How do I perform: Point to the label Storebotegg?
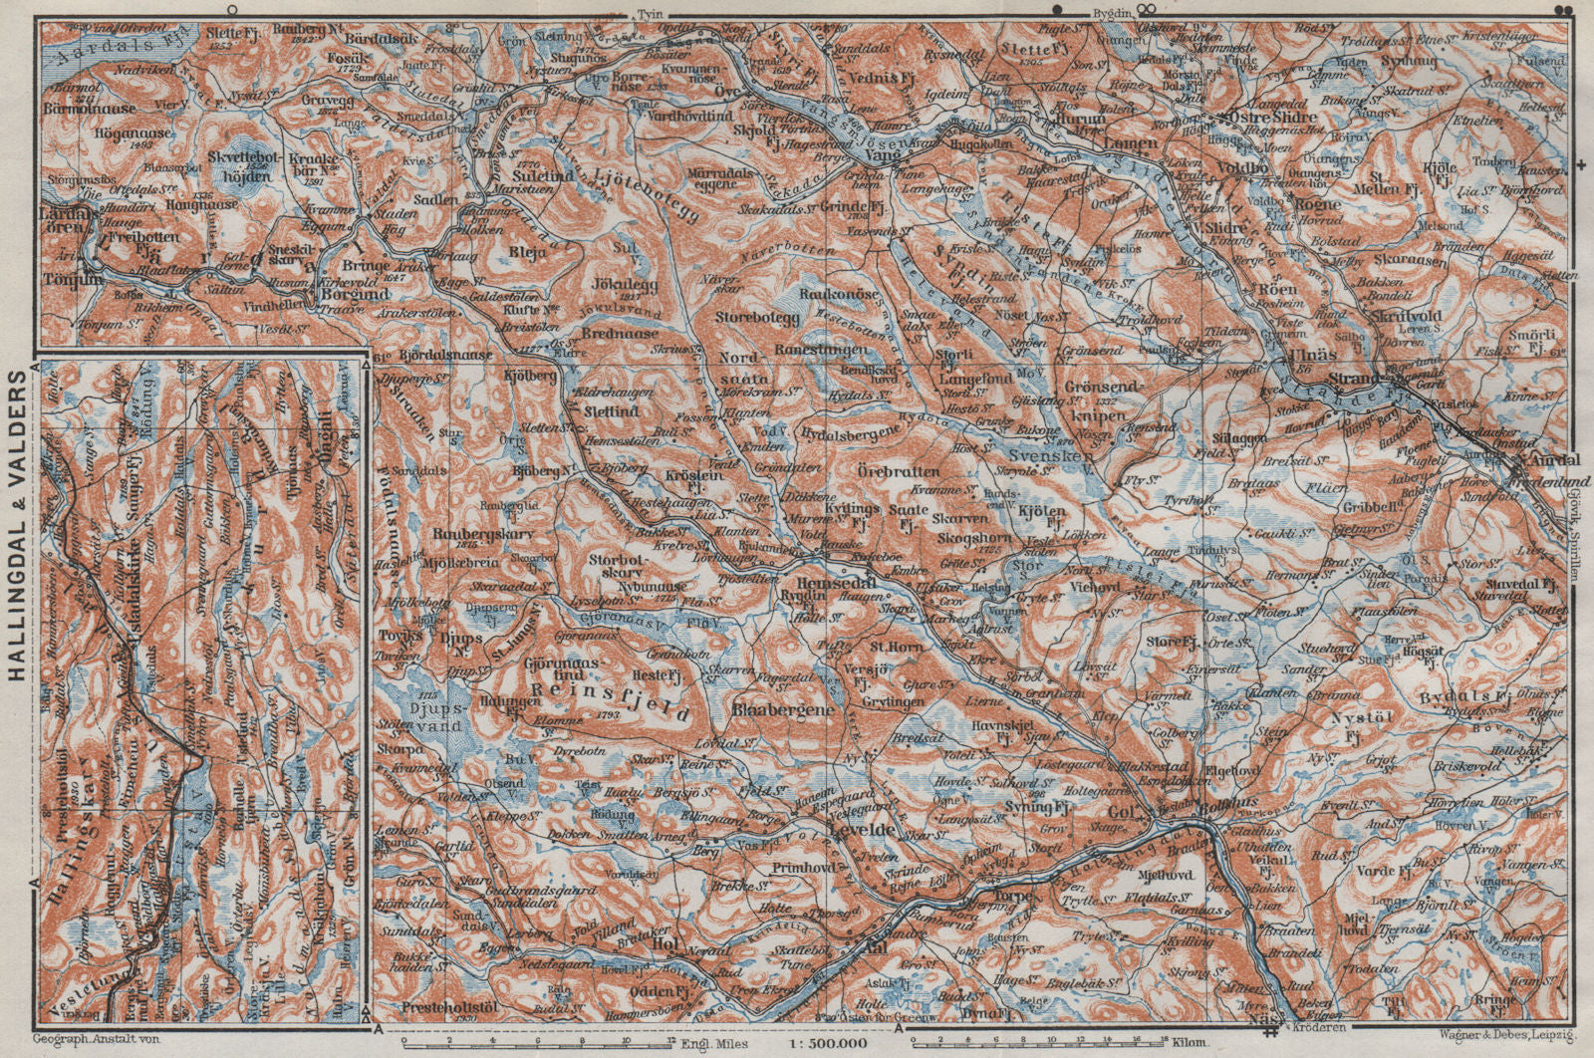pos(758,317)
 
